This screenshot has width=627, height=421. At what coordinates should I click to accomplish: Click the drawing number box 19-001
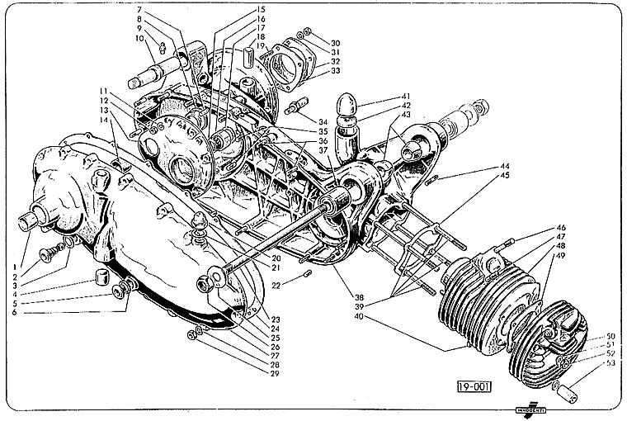(x=473, y=386)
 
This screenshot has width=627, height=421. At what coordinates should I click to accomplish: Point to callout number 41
(x=406, y=96)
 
